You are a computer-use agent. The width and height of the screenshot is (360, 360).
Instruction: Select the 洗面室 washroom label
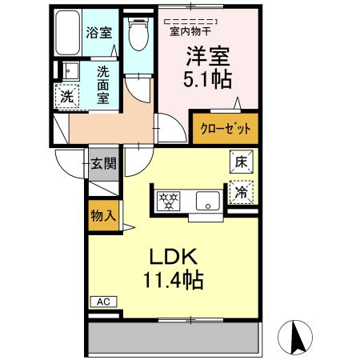[104, 84]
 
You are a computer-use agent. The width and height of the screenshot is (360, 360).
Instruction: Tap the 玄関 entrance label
[102, 164]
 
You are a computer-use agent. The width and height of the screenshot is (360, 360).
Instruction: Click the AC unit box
[102, 302]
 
